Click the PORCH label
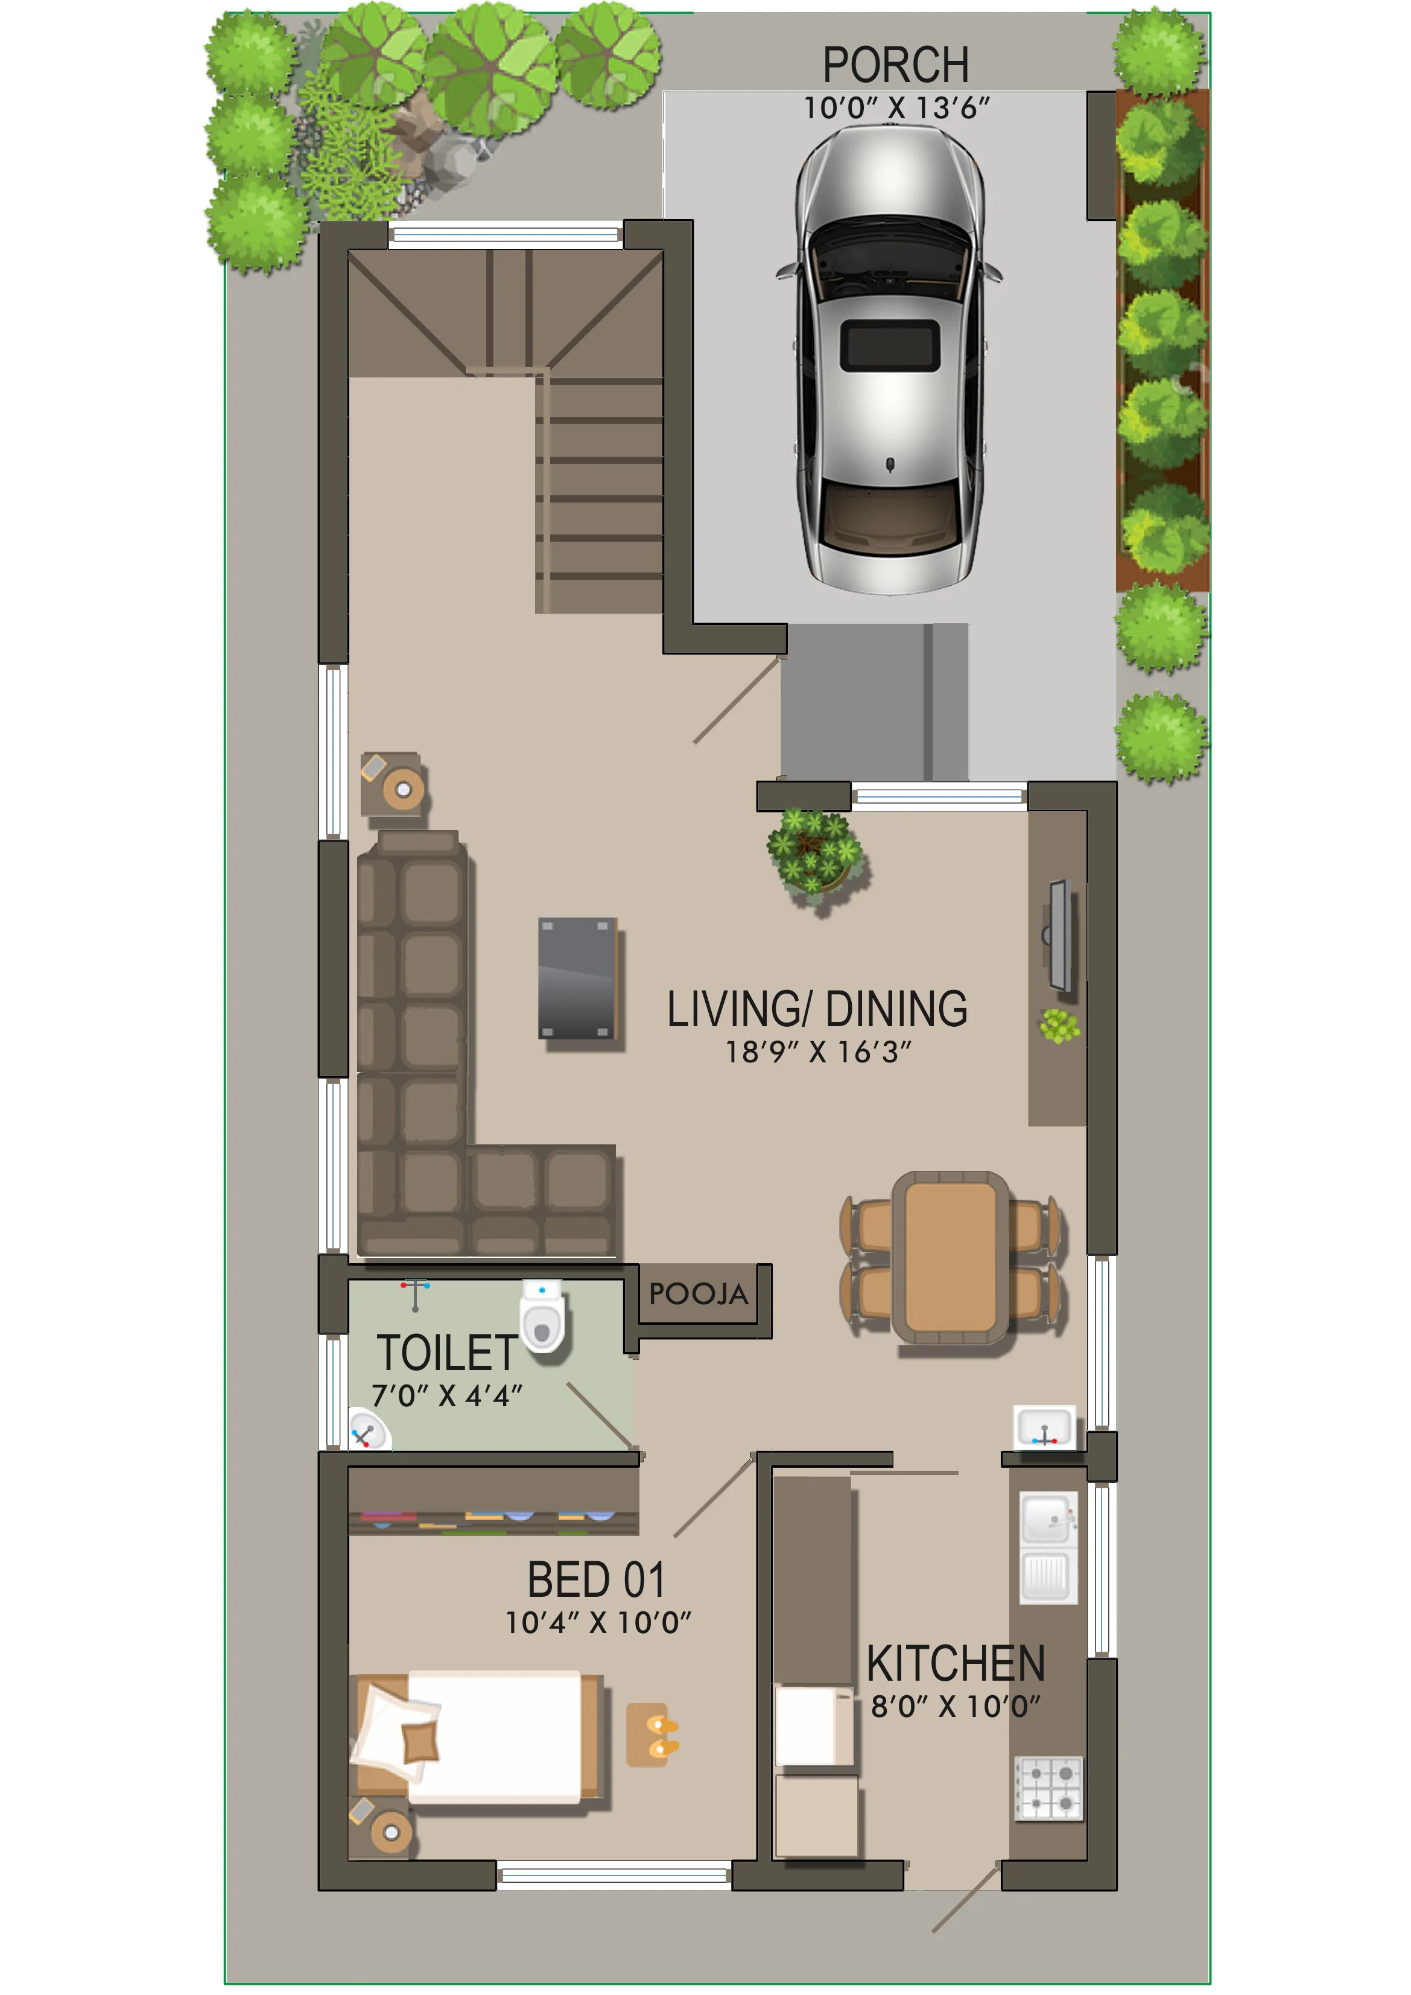[896, 65]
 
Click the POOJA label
[698, 1295]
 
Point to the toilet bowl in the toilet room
[543, 1316]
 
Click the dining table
[951, 1257]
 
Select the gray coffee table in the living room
[577, 978]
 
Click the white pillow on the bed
[393, 1729]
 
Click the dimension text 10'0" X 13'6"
[896, 108]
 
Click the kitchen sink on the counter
[1048, 1547]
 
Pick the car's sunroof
[890, 344]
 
